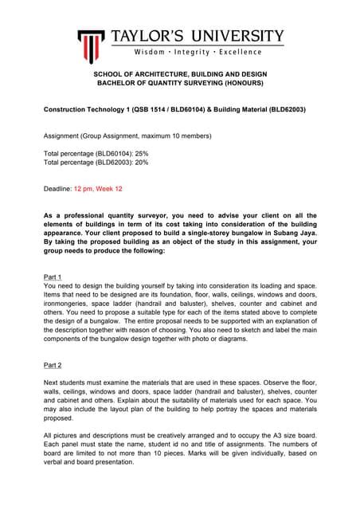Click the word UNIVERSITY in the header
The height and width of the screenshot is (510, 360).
pyautogui.click(x=233, y=36)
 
